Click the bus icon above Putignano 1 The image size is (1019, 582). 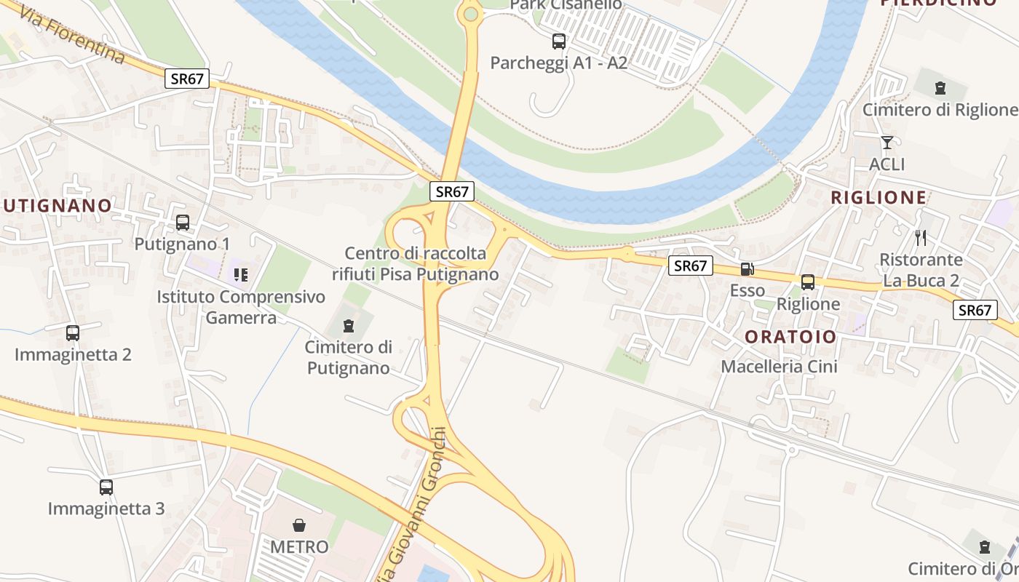pyautogui.click(x=183, y=222)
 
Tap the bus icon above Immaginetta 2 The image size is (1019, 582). pyautogui.click(x=73, y=332)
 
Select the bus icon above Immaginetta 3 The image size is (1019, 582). pyautogui.click(x=106, y=487)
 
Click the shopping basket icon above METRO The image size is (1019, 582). pyautogui.click(x=299, y=525)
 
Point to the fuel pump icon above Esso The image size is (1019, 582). pyautogui.click(x=747, y=269)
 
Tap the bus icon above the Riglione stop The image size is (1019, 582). pyautogui.click(x=808, y=282)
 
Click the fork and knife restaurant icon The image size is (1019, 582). pyautogui.click(x=921, y=237)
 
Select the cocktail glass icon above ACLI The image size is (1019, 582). pyautogui.click(x=887, y=142)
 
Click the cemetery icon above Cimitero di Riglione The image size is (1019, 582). pyautogui.click(x=940, y=88)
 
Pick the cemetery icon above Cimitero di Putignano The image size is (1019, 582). pyautogui.click(x=349, y=324)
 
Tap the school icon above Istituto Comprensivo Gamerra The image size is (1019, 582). pyautogui.click(x=240, y=274)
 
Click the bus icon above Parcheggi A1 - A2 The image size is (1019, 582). pyautogui.click(x=559, y=41)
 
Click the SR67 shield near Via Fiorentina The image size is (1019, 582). pyautogui.click(x=187, y=79)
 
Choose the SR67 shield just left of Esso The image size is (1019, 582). pyautogui.click(x=690, y=266)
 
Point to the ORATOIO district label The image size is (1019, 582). pyautogui.click(x=790, y=337)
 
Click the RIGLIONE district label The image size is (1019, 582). pyautogui.click(x=879, y=197)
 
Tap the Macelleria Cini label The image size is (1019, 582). pyautogui.click(x=779, y=366)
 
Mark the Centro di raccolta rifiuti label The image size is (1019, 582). pyautogui.click(x=415, y=263)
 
